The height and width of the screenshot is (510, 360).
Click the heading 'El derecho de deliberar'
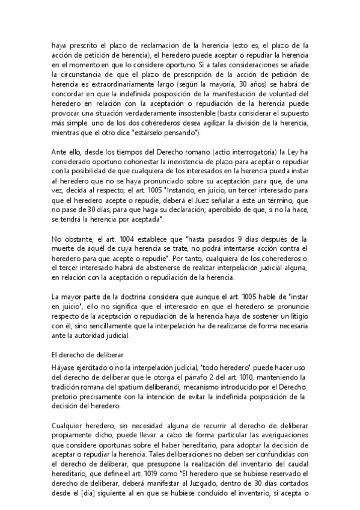click(x=91, y=355)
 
